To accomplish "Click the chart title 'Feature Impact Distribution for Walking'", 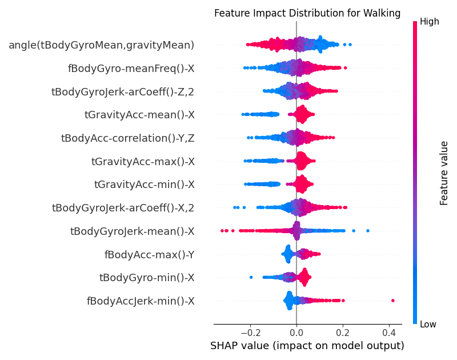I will [x=307, y=13].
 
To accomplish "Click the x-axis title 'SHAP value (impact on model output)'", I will [x=307, y=346].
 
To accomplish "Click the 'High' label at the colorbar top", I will [x=430, y=22].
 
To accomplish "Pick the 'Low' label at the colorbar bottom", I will [x=428, y=325].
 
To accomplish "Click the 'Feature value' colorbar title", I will [x=444, y=173].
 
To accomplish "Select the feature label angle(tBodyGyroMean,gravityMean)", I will [x=101, y=45].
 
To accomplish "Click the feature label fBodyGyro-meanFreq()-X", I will [x=131, y=68].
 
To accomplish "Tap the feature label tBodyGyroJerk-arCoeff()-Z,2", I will [x=123, y=91].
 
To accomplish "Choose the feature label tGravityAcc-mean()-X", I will [x=139, y=115].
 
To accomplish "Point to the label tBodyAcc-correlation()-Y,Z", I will [x=127, y=138].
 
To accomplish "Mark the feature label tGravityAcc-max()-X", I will [x=143, y=161].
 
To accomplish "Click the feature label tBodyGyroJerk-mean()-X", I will [x=132, y=231].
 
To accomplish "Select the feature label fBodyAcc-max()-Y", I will [x=149, y=254].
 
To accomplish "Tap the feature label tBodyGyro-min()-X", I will [x=147, y=278].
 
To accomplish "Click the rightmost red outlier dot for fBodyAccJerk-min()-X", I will [x=393, y=300].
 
